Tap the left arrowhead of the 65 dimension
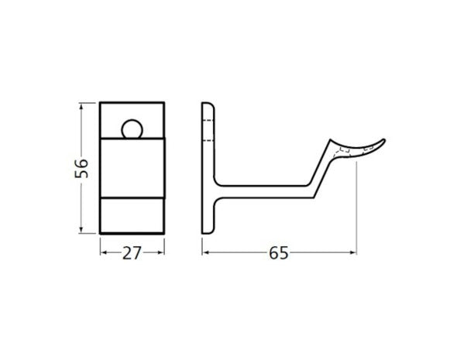click(204, 252)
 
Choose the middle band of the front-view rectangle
click(132, 166)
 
